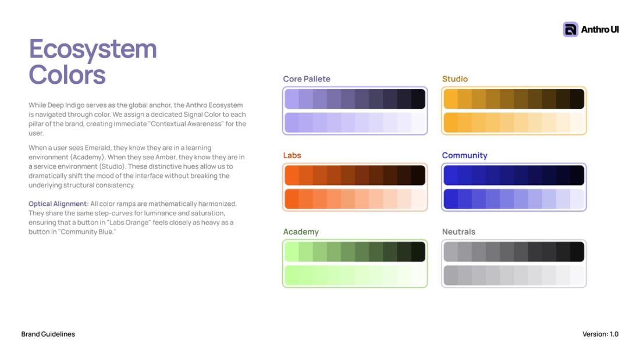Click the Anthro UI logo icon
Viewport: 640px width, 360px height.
pos(570,30)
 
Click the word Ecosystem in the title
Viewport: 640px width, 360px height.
pos(93,49)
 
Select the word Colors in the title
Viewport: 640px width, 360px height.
pos(67,74)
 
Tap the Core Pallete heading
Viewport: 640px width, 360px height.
pos(307,79)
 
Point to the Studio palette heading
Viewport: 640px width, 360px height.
pos(455,79)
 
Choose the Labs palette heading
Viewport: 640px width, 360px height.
pos(292,155)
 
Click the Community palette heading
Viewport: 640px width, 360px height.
pos(464,155)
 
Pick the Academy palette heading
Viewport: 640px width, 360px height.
pos(301,232)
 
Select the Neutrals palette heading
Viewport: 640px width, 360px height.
pos(458,232)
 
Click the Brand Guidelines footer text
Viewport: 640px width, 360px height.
pos(48,334)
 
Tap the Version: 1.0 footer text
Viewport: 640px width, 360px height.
pos(600,334)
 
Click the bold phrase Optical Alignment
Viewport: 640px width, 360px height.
pos(58,204)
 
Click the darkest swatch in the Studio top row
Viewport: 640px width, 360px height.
pos(577,99)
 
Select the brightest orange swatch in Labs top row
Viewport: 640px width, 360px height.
pos(292,175)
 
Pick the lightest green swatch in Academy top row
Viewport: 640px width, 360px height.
pos(292,251)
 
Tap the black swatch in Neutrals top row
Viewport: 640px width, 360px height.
pos(577,251)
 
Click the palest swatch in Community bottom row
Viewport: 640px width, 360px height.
pos(577,199)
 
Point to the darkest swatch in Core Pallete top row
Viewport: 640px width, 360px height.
pos(418,99)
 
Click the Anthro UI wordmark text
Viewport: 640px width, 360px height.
pos(600,30)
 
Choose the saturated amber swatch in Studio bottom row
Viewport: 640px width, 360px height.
pos(450,123)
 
